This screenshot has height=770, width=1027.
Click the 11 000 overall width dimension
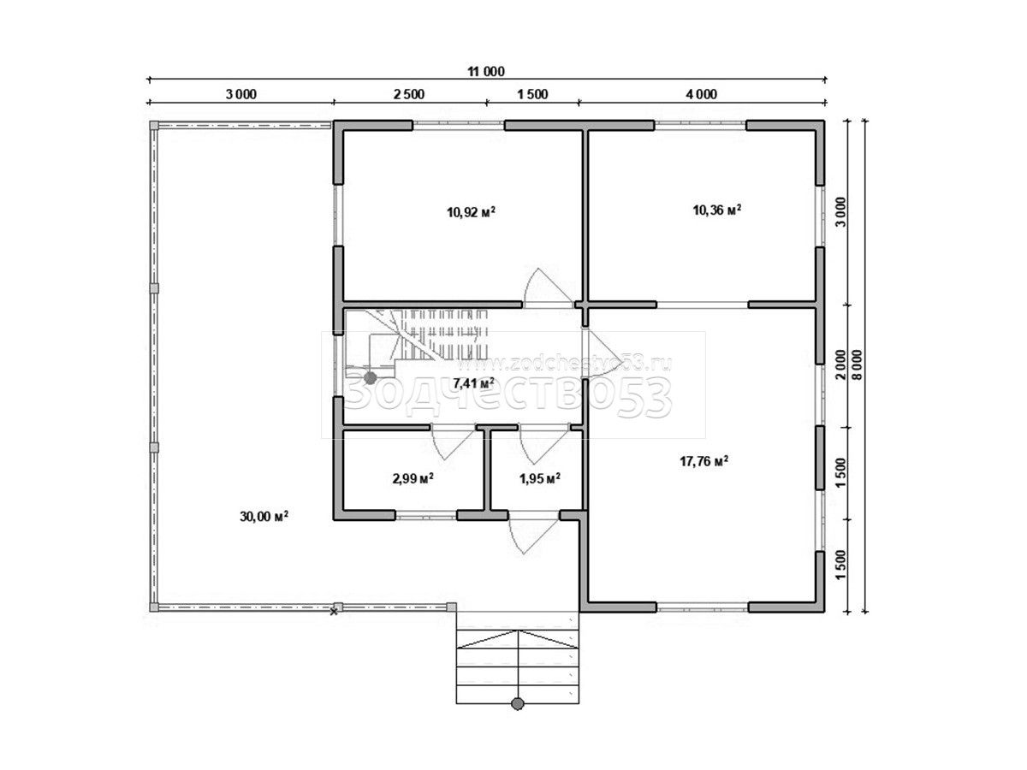485,72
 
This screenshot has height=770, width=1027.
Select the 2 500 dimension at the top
408,94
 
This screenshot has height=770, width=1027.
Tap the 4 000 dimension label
701,94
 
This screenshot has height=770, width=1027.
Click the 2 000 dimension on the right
840,364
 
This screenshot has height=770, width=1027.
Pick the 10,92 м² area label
471,212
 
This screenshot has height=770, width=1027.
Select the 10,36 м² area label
717,210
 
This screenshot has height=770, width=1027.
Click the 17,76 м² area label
703,461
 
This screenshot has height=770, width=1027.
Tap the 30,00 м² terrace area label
264,516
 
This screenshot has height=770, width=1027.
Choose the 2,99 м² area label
413,478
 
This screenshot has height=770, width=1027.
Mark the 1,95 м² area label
540,478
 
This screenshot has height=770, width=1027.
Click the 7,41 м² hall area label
473,383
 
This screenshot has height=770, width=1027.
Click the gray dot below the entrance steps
517,717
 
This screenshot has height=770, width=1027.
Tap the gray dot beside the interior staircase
370,378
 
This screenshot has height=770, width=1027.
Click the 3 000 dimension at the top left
241,94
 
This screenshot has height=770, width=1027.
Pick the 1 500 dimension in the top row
532,94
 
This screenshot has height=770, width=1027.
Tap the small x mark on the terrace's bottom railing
334,612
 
